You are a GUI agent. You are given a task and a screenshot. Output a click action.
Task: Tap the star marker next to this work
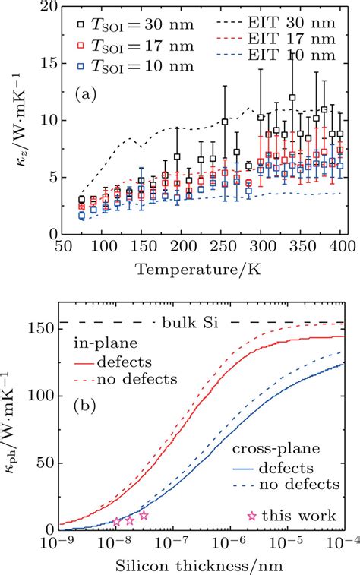pyautogui.click(x=252, y=516)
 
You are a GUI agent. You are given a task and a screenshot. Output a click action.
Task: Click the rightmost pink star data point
pyautogui.click(x=144, y=515)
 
